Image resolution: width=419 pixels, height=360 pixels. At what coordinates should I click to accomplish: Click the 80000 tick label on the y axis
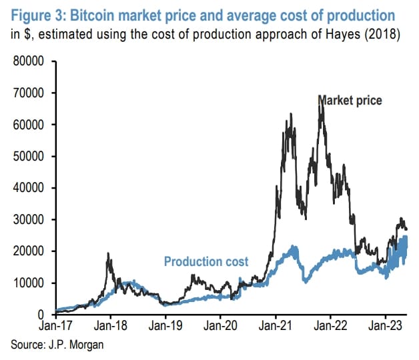29,61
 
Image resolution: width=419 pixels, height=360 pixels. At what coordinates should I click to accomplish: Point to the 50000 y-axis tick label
29,157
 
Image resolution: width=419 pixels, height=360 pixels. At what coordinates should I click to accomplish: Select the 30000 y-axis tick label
29,219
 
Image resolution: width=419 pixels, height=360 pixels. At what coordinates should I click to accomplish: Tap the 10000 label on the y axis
29,283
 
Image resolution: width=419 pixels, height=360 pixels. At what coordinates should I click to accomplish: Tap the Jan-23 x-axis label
385,328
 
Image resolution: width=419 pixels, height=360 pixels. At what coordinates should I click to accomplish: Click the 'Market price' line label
350,100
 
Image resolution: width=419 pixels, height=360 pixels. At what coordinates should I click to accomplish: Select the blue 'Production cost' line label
206,261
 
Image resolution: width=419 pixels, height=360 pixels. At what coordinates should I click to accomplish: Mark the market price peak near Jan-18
109,254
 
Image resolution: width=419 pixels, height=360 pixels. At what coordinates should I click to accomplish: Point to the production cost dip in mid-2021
306,280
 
